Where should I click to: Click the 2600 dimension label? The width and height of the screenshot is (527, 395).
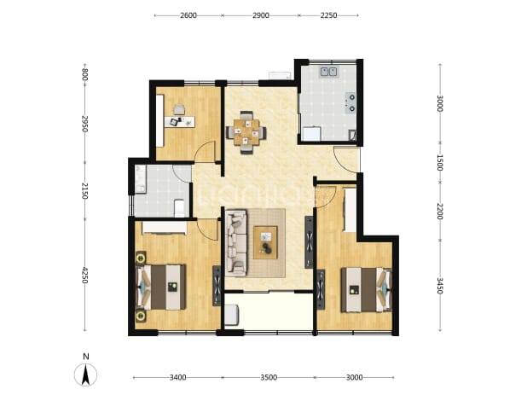pos(188,15)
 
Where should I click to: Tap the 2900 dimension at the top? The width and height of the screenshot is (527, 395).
pos(260,15)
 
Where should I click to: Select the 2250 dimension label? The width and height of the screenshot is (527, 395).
pos(328,15)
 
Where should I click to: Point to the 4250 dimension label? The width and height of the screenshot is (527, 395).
pos(84,275)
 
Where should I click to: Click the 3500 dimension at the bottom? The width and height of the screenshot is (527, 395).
pos(269,378)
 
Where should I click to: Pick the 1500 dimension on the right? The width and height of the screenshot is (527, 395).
pos(440,162)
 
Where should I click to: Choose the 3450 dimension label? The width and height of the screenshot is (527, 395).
pos(440,285)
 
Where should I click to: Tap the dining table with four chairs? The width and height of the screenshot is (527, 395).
pos(246,132)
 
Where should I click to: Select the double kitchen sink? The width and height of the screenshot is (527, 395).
pos(328,72)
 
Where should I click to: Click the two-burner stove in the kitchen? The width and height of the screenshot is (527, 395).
pos(350,102)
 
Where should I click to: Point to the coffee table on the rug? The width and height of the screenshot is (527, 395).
pos(265,242)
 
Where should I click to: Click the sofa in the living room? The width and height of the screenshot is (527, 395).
pos(236,243)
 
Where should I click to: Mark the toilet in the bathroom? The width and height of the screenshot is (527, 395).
pos(179,208)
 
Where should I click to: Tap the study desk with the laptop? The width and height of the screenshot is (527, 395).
pos(180,121)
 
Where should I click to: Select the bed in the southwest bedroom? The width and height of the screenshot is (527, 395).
pos(160,287)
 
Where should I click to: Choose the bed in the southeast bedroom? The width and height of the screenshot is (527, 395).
pos(367,290)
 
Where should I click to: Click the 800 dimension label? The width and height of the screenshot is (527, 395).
pos(84,74)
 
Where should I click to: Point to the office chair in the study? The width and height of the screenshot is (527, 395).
pos(179,110)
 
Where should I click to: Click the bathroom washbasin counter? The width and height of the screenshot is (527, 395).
pos(140,179)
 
